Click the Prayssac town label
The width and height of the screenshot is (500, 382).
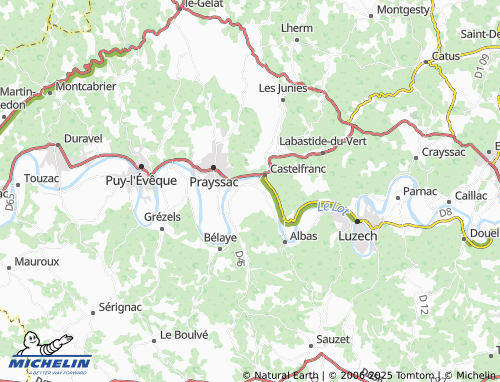coord(213,182)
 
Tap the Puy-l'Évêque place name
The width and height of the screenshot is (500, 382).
coord(141,181)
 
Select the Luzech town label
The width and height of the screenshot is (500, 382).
coord(358,236)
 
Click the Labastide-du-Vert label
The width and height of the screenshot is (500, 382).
coord(322,141)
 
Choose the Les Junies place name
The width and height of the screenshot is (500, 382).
coord(281,87)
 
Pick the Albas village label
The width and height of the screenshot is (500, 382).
coord(303,236)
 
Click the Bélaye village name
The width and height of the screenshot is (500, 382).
coord(220,237)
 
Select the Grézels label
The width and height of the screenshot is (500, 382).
coord(162,216)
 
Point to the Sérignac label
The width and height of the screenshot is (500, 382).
coord(120,308)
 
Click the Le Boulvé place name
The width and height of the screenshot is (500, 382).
coord(183,334)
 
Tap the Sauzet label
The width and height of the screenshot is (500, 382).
coord(332,341)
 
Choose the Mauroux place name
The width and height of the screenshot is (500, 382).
coord(37,261)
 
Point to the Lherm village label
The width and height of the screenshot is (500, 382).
coord(297,28)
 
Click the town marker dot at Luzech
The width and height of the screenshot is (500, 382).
coord(357,222)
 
